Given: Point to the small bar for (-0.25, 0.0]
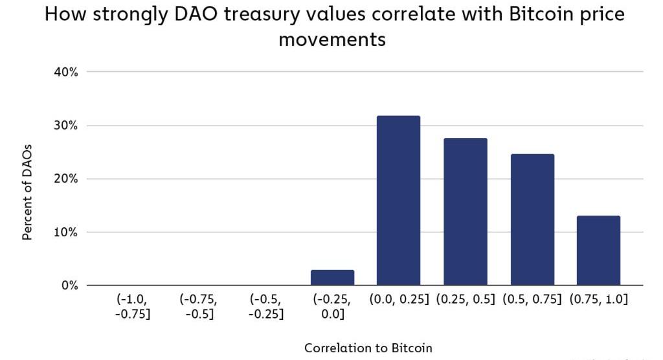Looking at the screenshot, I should (x=332, y=278).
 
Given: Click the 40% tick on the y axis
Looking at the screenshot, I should (x=65, y=72).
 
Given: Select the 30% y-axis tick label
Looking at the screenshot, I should (x=65, y=126).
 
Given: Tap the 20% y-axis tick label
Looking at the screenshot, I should (x=65, y=179).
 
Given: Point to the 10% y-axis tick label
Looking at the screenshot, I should (x=65, y=232).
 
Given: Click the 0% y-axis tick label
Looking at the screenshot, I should (x=69, y=286).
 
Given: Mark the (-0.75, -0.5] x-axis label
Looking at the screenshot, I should (x=199, y=306).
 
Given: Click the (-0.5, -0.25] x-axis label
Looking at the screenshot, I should (x=265, y=306).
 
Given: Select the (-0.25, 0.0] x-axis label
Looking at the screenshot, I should (x=332, y=306).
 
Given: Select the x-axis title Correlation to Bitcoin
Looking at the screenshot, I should (x=368, y=348).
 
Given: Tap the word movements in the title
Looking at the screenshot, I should (x=331, y=39).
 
